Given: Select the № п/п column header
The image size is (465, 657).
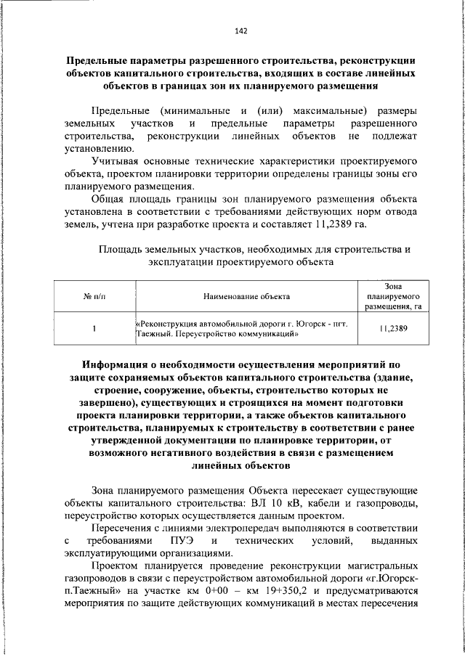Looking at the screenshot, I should (94, 296).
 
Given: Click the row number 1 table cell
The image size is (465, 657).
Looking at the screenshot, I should (94, 330).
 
